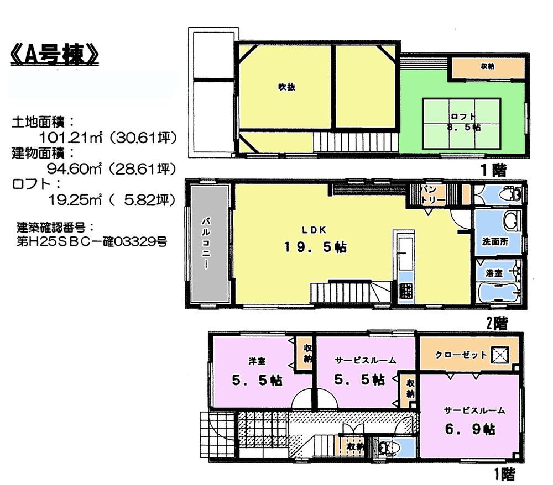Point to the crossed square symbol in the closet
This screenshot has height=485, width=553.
(x=502, y=354)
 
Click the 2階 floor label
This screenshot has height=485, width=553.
(x=496, y=323)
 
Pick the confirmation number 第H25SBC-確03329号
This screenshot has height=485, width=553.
(x=91, y=241)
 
